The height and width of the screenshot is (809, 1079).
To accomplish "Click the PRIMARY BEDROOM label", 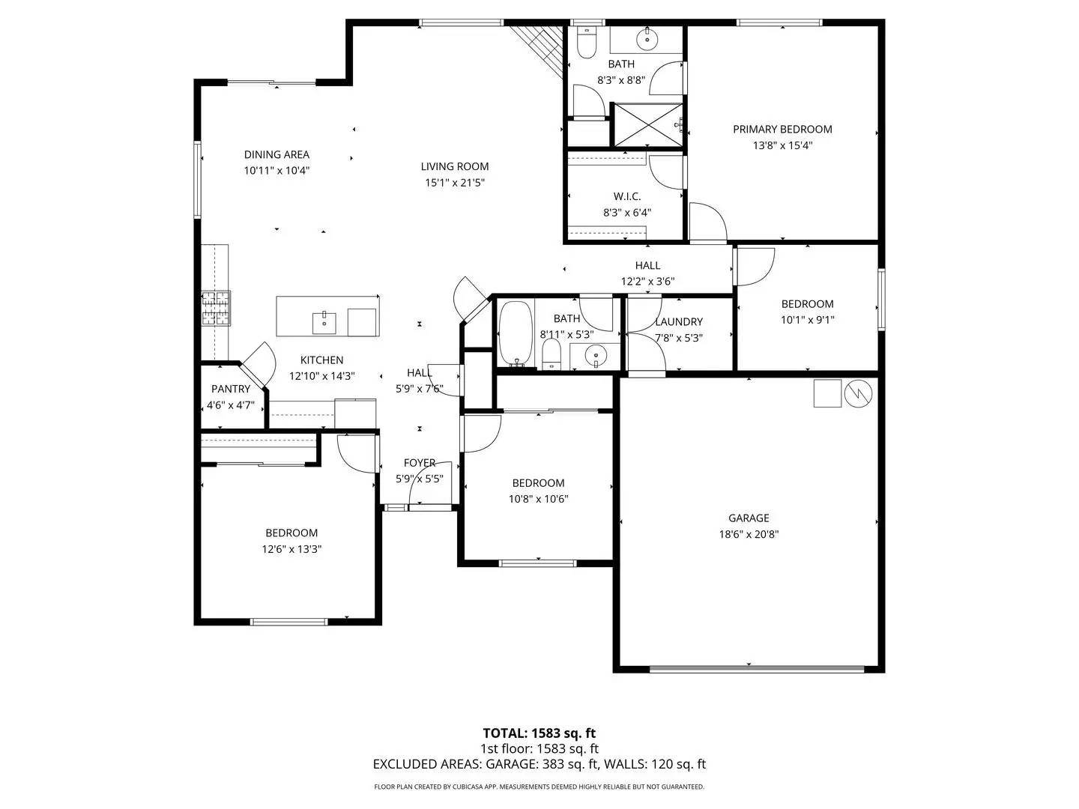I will pyautogui.click(x=782, y=129).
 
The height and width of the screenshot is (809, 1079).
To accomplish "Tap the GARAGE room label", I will pyautogui.click(x=749, y=518).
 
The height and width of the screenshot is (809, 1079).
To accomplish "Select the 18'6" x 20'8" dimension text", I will pyautogui.click(x=749, y=534).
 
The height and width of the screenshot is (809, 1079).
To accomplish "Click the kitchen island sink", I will pyautogui.click(x=324, y=321).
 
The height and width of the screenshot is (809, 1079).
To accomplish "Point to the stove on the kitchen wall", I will pyautogui.click(x=216, y=309).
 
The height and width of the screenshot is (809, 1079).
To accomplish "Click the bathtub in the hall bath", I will pyautogui.click(x=515, y=334).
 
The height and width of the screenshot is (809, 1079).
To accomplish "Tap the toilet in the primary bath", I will pyautogui.click(x=587, y=44).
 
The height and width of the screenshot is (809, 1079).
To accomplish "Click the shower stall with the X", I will pyautogui.click(x=648, y=124).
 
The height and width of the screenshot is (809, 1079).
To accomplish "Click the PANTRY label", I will pyautogui.click(x=231, y=389).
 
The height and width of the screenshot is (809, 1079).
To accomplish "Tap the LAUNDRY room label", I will pyautogui.click(x=679, y=321).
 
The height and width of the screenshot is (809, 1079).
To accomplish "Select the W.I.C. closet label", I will pyautogui.click(x=627, y=196).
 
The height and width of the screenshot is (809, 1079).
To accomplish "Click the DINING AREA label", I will pyautogui.click(x=276, y=154).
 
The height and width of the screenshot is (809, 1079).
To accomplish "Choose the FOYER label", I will pyautogui.click(x=420, y=463).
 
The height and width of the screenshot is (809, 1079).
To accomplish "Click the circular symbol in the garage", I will pyautogui.click(x=859, y=393).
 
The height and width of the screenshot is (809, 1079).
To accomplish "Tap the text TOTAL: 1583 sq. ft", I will pyautogui.click(x=539, y=733).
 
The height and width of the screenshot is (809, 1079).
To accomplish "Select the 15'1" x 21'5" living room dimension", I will pyautogui.click(x=454, y=182).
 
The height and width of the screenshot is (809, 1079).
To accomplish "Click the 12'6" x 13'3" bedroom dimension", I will pyautogui.click(x=291, y=549).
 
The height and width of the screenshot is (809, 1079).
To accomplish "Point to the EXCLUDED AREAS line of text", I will pyautogui.click(x=539, y=764).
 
